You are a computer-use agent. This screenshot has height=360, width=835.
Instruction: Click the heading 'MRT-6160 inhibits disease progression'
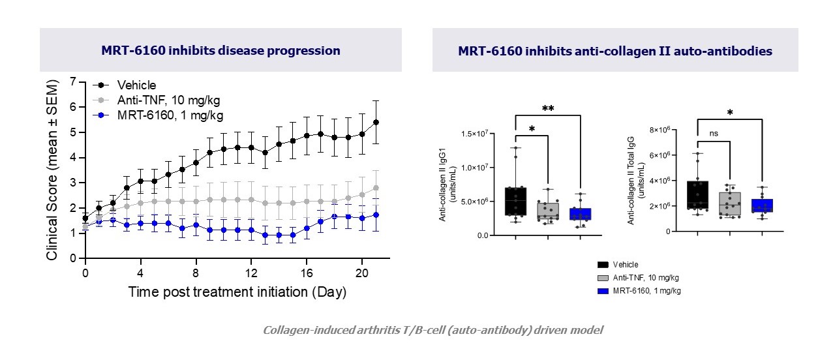point(220,51)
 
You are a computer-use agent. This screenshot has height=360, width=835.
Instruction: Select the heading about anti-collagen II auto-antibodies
point(615,51)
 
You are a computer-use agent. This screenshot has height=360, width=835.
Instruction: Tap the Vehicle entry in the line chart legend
point(136,85)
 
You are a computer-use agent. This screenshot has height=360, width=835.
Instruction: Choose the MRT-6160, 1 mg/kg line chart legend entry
point(170,115)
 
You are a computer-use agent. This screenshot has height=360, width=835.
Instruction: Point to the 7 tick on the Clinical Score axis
point(73,82)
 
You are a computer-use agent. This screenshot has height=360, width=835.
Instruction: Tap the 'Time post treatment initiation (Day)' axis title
point(237,292)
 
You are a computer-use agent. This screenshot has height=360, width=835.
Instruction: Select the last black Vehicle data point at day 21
point(376,122)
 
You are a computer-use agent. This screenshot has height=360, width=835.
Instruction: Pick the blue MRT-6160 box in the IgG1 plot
point(580,215)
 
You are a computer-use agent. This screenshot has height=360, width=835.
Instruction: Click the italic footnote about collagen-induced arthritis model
point(433,330)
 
